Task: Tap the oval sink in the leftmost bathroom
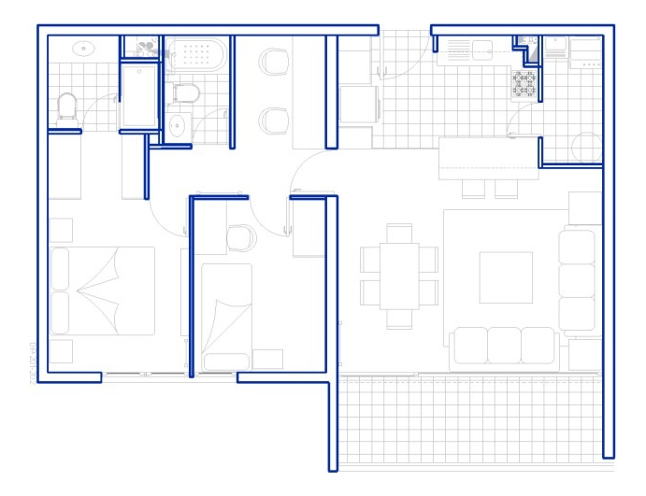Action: tap(85, 48)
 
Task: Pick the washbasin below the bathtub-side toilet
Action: tap(178, 125)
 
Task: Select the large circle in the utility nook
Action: tap(587, 148)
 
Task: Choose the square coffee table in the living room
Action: tap(506, 277)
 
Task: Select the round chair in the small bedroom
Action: tap(241, 238)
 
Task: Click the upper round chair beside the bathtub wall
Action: tap(275, 63)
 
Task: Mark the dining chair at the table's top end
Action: tap(400, 231)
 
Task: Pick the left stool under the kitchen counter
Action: tap(474, 189)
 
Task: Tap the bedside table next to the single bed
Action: tap(267, 359)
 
